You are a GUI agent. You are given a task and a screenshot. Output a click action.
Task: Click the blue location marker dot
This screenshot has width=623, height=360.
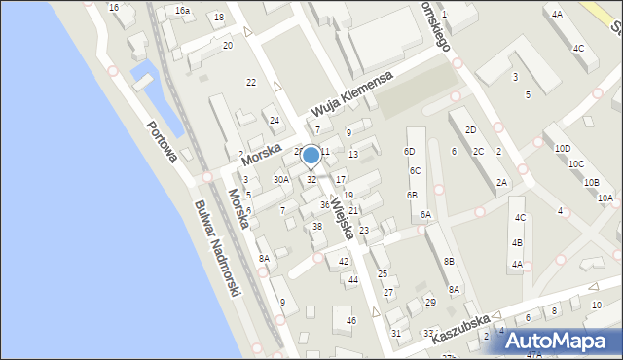coord(311,155)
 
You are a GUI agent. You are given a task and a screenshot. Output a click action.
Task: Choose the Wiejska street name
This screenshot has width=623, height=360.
coord(341,218)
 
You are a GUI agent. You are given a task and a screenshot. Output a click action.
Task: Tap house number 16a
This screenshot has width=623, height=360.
coord(182,10)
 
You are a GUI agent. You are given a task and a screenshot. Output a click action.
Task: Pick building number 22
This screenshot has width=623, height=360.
coord(251,83)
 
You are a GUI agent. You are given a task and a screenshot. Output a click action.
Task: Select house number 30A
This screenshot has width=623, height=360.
coord(280,179)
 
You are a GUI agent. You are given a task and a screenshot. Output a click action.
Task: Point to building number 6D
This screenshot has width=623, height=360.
coord(410,152)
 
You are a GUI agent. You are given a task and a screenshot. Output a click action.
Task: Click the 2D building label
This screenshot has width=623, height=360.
coord(471,129)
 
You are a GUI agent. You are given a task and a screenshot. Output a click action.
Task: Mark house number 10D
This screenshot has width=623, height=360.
coord(563,149)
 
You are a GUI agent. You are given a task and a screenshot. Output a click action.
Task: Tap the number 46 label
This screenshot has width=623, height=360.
coord(351,320)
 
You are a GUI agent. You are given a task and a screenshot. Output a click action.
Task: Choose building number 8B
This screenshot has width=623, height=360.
coord(449,261)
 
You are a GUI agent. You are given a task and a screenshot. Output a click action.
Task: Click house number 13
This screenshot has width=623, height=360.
coord(353,154)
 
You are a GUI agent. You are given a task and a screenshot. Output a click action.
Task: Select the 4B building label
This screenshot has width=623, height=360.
coord(517,242)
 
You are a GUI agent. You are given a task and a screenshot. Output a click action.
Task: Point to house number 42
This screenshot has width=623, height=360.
coord(343,261)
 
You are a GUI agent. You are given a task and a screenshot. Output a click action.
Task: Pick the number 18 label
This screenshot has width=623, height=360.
coord(218,18)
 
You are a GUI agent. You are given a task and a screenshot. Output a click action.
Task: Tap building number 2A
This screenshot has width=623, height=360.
coord(501,182)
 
